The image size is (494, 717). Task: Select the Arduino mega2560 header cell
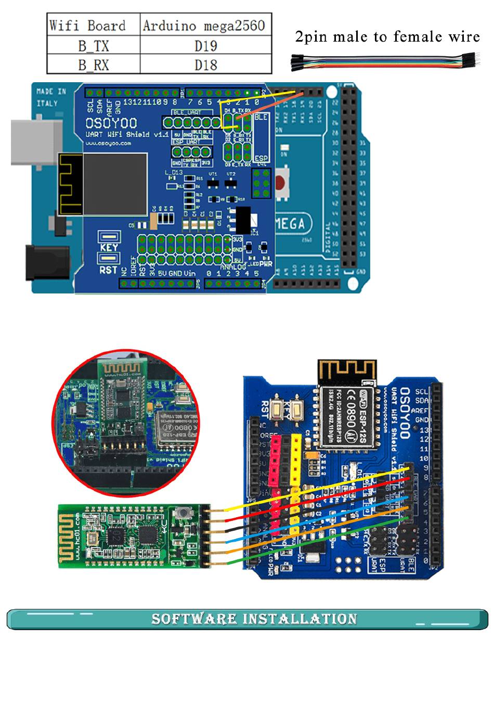[205, 25]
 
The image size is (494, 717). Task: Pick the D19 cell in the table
[205, 46]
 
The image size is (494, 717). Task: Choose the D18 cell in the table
[205, 65]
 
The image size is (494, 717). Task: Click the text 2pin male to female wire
[387, 37]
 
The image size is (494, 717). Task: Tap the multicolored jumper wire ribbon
[385, 61]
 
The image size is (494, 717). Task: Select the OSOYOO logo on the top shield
[111, 123]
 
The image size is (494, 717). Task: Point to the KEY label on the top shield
[109, 247]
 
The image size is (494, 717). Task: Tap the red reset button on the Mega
[281, 183]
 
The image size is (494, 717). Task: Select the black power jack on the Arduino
[47, 262]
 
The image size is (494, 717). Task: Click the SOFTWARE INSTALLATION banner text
[254, 619]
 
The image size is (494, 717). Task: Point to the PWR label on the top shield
[266, 264]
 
